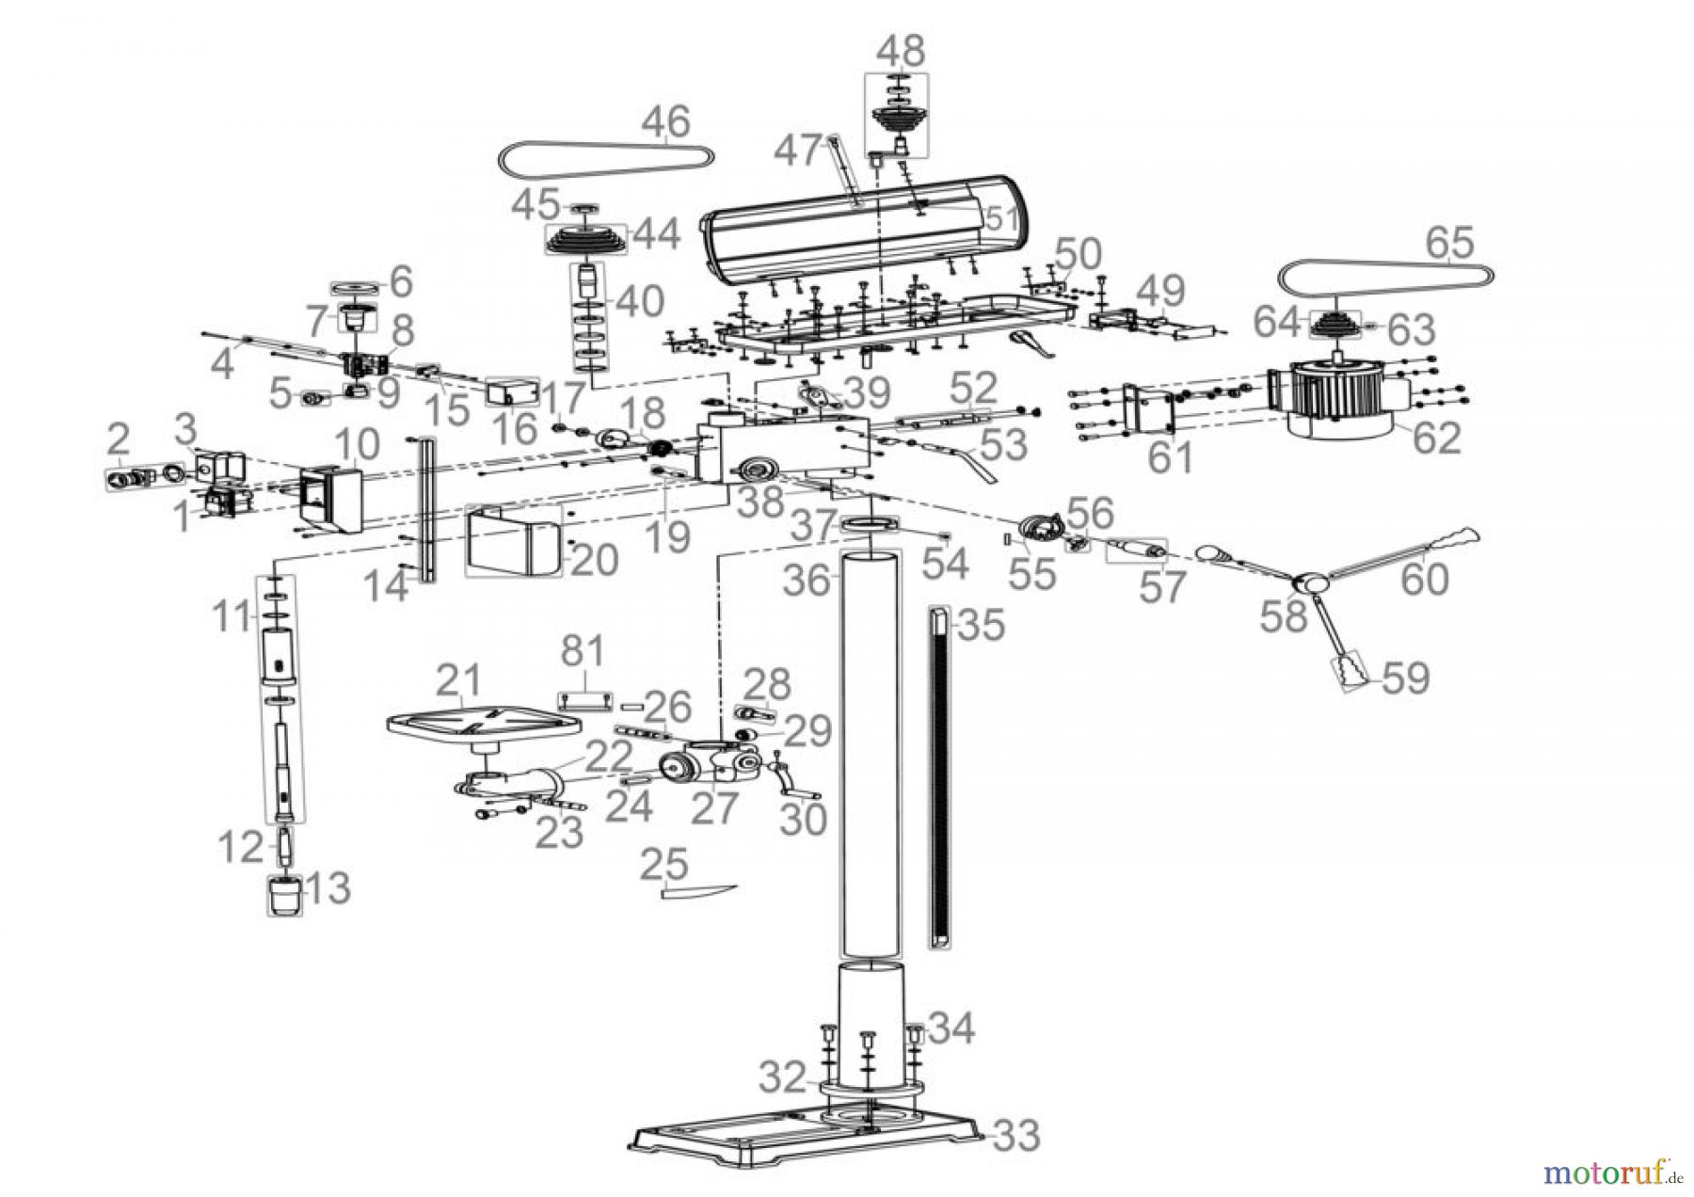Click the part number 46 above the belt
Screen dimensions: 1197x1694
[666, 121]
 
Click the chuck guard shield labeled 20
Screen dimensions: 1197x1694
[513, 542]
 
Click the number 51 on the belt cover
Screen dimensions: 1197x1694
[1000, 219]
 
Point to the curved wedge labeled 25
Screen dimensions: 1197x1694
[696, 891]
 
